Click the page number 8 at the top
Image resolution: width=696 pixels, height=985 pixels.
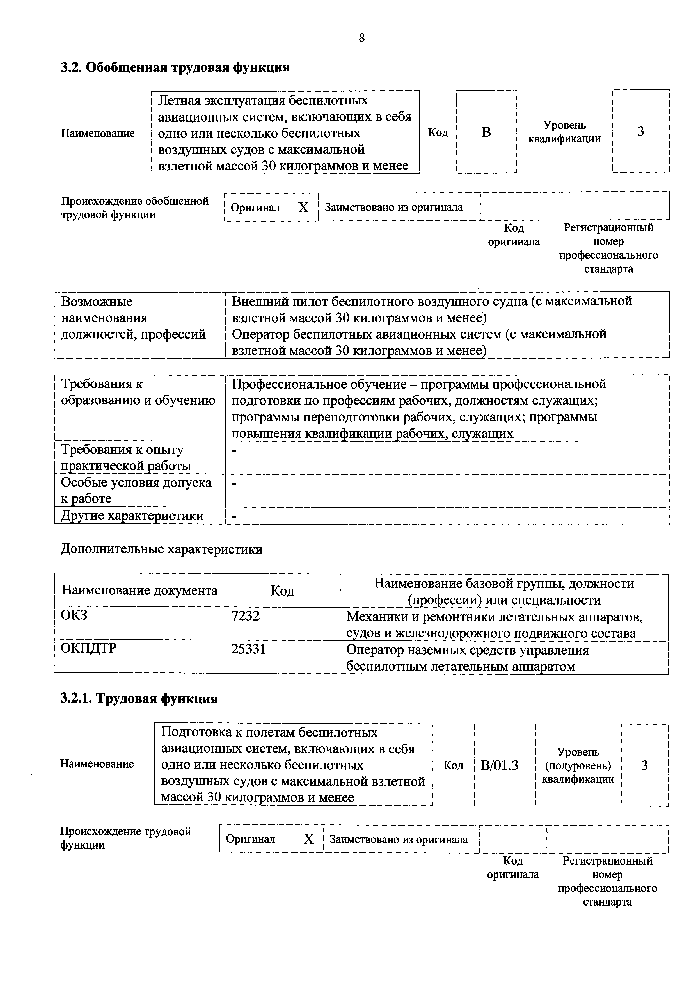361,38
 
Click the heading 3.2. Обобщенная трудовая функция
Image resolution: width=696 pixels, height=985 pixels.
175,67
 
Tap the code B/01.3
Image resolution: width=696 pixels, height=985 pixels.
499,765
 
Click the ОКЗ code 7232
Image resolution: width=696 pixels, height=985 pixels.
245,616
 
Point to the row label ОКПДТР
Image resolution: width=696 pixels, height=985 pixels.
88,648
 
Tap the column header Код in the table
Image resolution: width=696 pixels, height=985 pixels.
282,591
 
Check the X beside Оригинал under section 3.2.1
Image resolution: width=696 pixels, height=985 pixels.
309,839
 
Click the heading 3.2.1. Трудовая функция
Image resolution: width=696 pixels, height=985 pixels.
139,699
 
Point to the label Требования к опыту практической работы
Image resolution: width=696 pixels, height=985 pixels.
126,457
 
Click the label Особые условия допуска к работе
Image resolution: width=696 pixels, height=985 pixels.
136,490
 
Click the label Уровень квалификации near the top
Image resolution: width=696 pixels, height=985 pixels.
564,132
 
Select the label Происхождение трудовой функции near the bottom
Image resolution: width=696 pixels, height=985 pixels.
125,838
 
